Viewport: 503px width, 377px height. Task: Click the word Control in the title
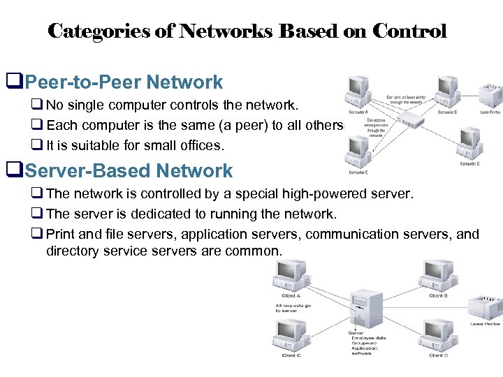[409, 31]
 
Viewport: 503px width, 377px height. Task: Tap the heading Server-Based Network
[129, 170]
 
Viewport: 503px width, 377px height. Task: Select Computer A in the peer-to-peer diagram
[358, 91]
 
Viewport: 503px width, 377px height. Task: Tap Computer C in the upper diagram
[358, 150]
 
